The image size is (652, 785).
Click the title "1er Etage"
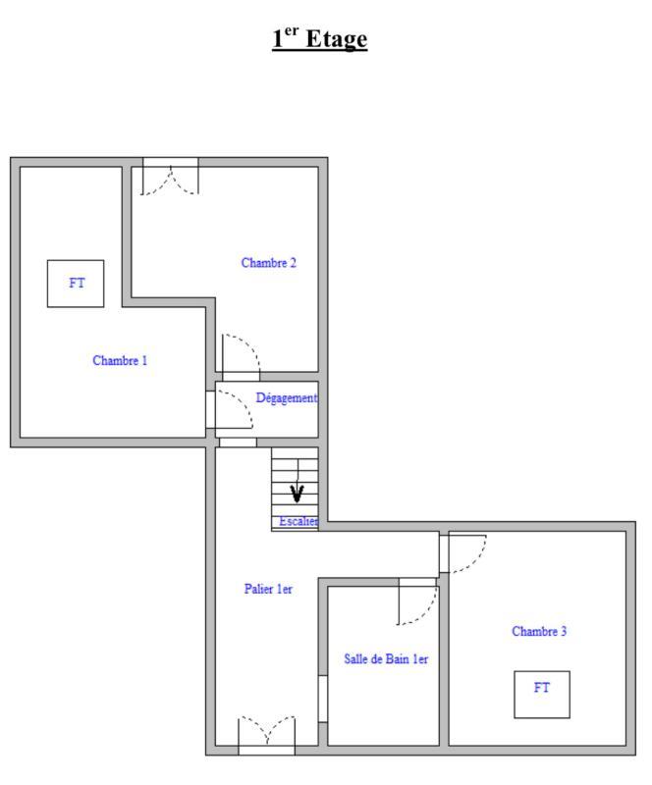pyautogui.click(x=319, y=39)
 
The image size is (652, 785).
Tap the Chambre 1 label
pyautogui.click(x=120, y=360)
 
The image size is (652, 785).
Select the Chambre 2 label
pyautogui.click(x=268, y=262)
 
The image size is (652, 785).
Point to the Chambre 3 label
pyautogui.click(x=539, y=631)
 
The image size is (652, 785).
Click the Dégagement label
pyautogui.click(x=287, y=397)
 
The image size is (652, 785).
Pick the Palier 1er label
pyautogui.click(x=268, y=589)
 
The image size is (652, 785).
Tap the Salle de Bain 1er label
pyautogui.click(x=386, y=659)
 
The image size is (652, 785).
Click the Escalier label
pyautogui.click(x=299, y=522)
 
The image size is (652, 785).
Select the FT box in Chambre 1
pyautogui.click(x=77, y=284)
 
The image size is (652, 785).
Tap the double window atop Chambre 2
pyautogui.click(x=170, y=177)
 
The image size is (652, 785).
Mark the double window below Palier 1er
pyautogui.click(x=266, y=736)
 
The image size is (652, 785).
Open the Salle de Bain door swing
pyautogui.click(x=416, y=602)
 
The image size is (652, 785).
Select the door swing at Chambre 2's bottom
pyautogui.click(x=241, y=355)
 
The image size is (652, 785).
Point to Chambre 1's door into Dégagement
pyautogui.click(x=230, y=410)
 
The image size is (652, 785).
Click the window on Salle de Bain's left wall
pyautogui.click(x=322, y=699)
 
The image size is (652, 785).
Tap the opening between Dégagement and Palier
pyautogui.click(x=238, y=443)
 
